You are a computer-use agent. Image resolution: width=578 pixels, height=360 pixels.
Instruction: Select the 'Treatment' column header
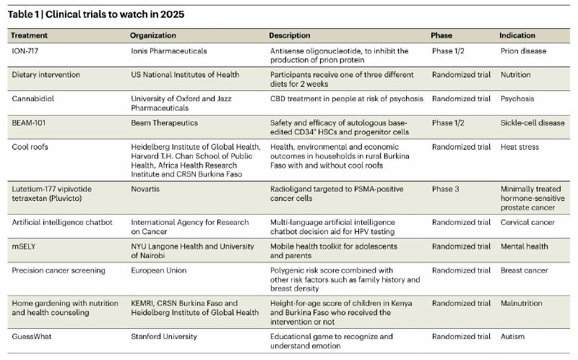(31, 35)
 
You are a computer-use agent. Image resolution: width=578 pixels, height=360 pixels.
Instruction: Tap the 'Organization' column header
(153, 35)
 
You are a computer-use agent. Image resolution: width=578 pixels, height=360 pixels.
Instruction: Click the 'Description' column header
(290, 35)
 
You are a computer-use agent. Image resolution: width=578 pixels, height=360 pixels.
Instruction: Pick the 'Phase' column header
(441, 35)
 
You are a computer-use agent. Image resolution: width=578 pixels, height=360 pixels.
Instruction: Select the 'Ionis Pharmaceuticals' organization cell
(168, 51)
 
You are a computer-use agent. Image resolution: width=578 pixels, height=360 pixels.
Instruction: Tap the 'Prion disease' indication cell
(524, 51)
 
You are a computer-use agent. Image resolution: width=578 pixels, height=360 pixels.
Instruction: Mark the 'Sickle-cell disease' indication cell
(532, 124)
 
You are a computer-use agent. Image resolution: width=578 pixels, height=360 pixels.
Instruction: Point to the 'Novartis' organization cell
(145, 187)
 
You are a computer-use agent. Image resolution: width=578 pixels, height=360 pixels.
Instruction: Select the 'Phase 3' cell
(447, 187)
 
